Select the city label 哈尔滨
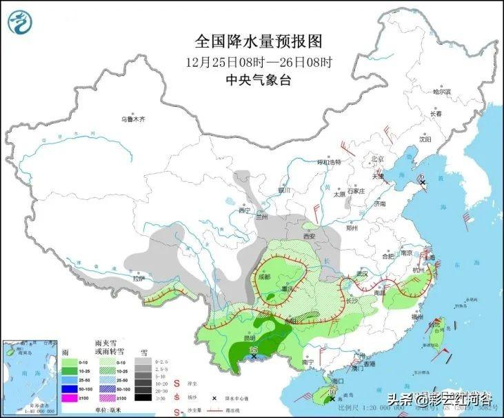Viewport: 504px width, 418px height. pos(441,91)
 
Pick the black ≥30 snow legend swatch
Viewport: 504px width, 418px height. pos(143,397)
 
